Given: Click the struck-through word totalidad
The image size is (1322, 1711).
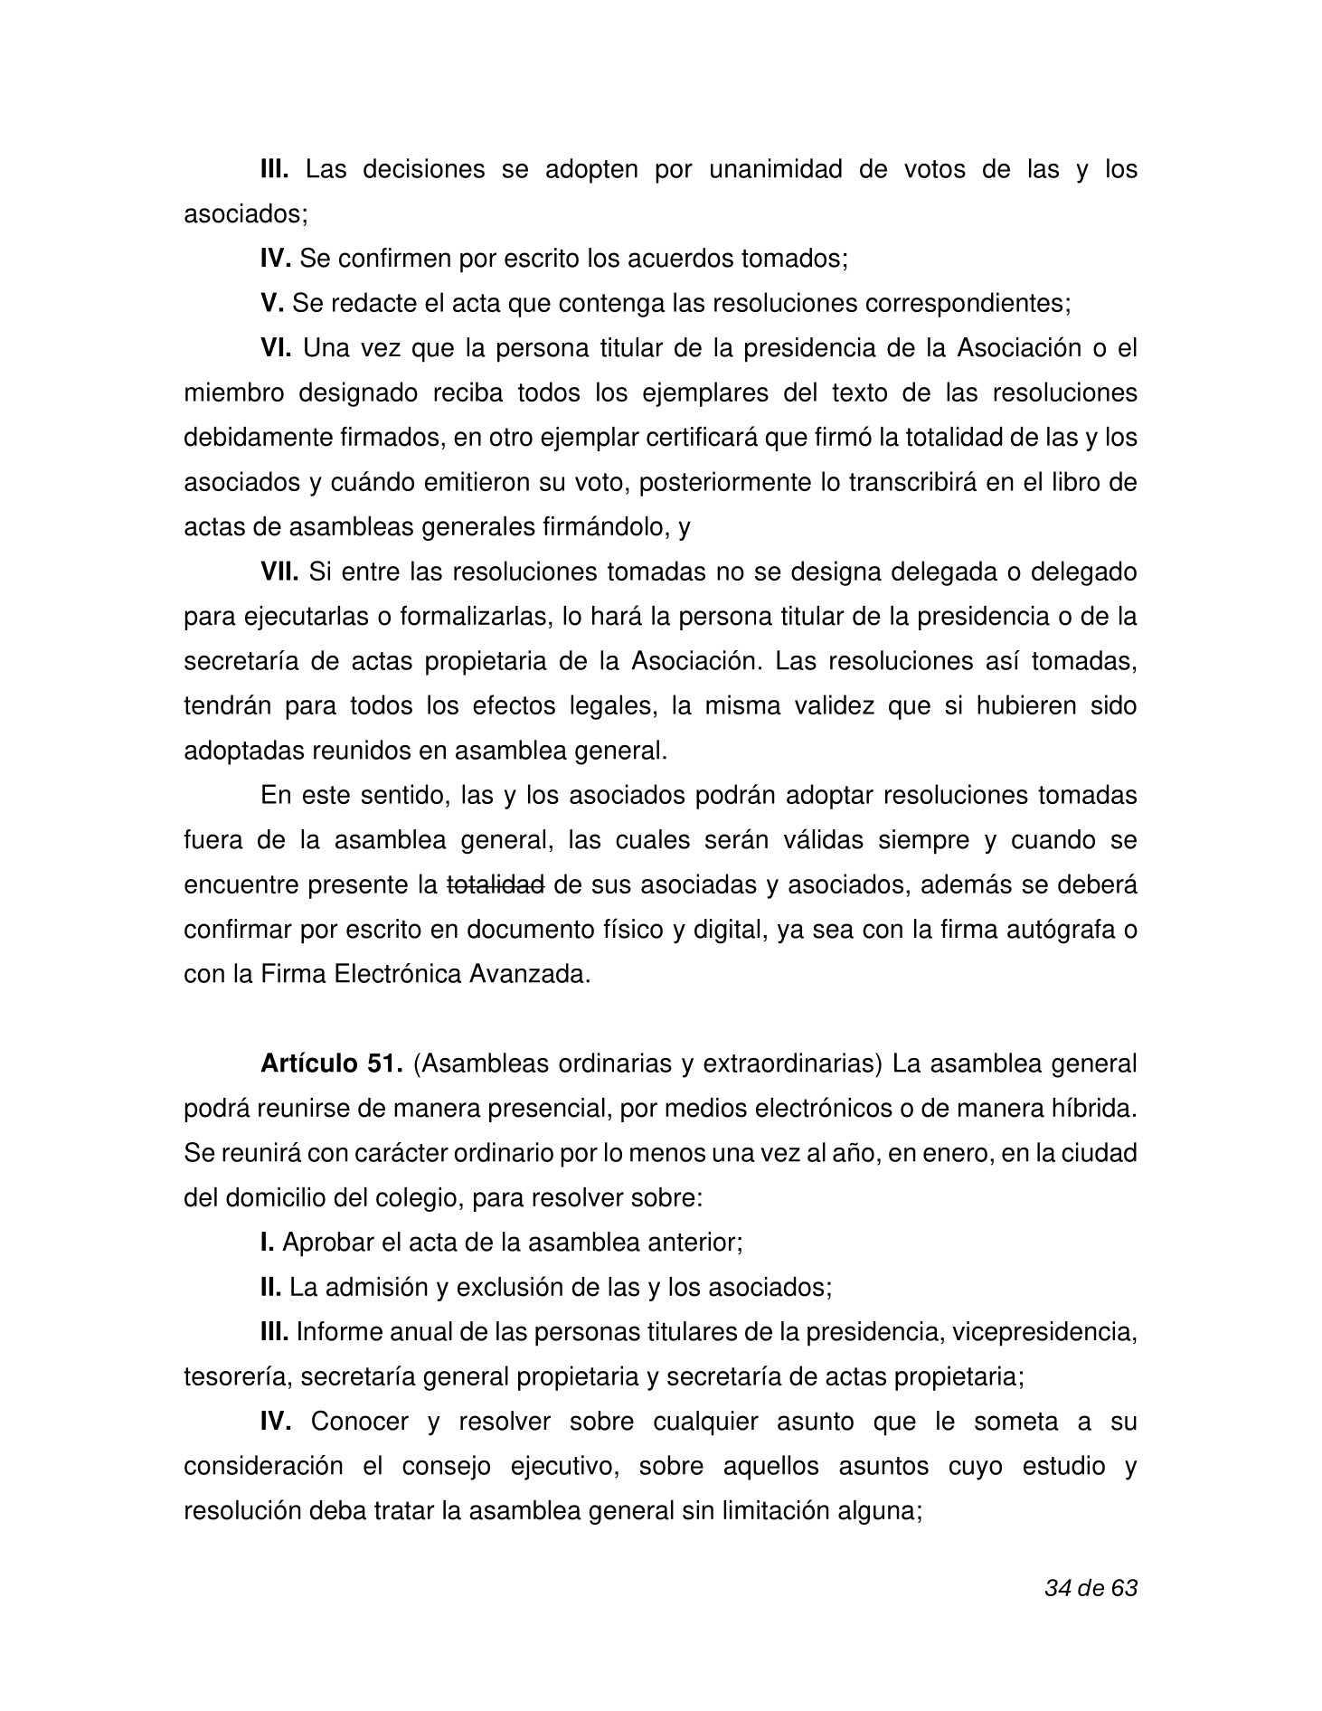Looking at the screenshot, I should coord(496,884).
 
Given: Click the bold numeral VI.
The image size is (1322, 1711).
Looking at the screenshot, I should coord(276,347).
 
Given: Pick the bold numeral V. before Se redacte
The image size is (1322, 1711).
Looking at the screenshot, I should coord(272,303).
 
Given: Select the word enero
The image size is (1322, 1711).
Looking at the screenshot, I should coord(942,1153).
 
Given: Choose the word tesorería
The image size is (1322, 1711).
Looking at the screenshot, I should coord(237,1376).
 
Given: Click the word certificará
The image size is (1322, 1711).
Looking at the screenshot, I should coord(693,438).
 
